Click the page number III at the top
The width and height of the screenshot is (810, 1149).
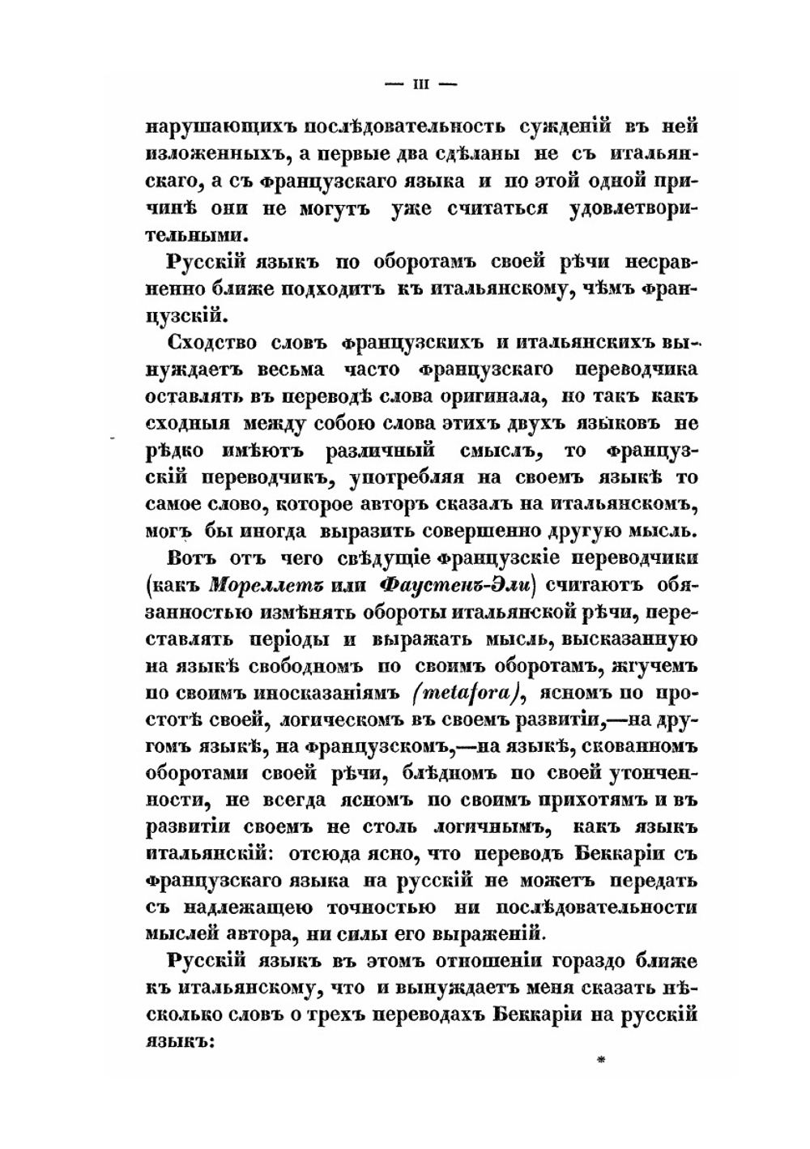(x=420, y=83)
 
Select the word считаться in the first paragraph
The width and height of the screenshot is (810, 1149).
(x=497, y=208)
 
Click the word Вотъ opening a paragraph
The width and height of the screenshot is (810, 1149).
(x=190, y=559)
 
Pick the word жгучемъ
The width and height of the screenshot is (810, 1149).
(x=657, y=666)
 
